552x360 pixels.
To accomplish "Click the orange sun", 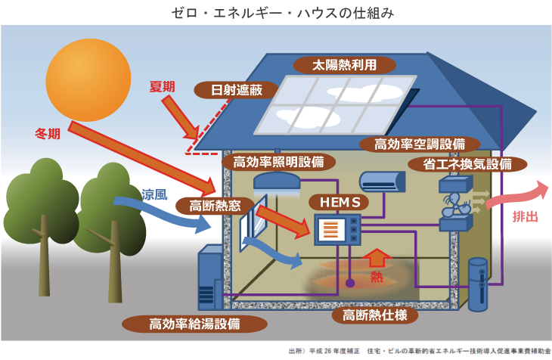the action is [88, 80].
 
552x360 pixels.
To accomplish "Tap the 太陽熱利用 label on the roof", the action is [345, 65].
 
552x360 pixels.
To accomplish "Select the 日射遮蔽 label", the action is [237, 90].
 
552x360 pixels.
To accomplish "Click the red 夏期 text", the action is [163, 87].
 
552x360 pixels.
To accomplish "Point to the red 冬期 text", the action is [48, 134].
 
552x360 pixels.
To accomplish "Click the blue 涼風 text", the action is [154, 194].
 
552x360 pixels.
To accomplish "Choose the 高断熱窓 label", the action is [215, 206].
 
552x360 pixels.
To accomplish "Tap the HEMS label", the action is [340, 202].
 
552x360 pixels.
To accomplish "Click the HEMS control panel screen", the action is [330, 230].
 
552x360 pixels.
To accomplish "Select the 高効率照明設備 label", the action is [278, 162].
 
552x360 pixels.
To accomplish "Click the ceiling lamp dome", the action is [277, 180].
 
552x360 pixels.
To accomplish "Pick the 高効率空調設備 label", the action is [420, 144].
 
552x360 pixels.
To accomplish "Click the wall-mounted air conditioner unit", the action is [382, 182].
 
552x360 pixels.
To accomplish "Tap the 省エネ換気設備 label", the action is [467, 164].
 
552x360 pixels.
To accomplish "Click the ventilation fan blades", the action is [455, 205].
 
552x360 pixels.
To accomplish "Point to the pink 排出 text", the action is [526, 216].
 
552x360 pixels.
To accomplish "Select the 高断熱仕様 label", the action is [375, 315].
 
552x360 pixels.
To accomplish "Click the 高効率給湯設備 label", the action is [194, 324].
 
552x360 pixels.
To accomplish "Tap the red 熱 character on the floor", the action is [377, 278].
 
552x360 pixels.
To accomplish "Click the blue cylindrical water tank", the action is [478, 284].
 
